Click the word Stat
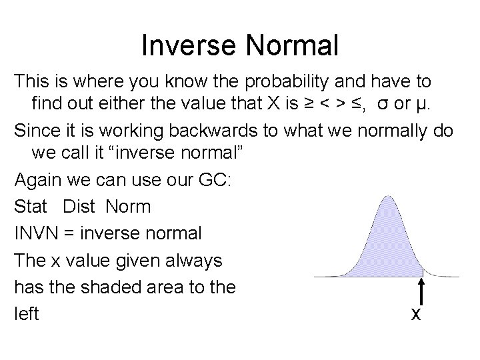point(31,207)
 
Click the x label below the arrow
point(416,313)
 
